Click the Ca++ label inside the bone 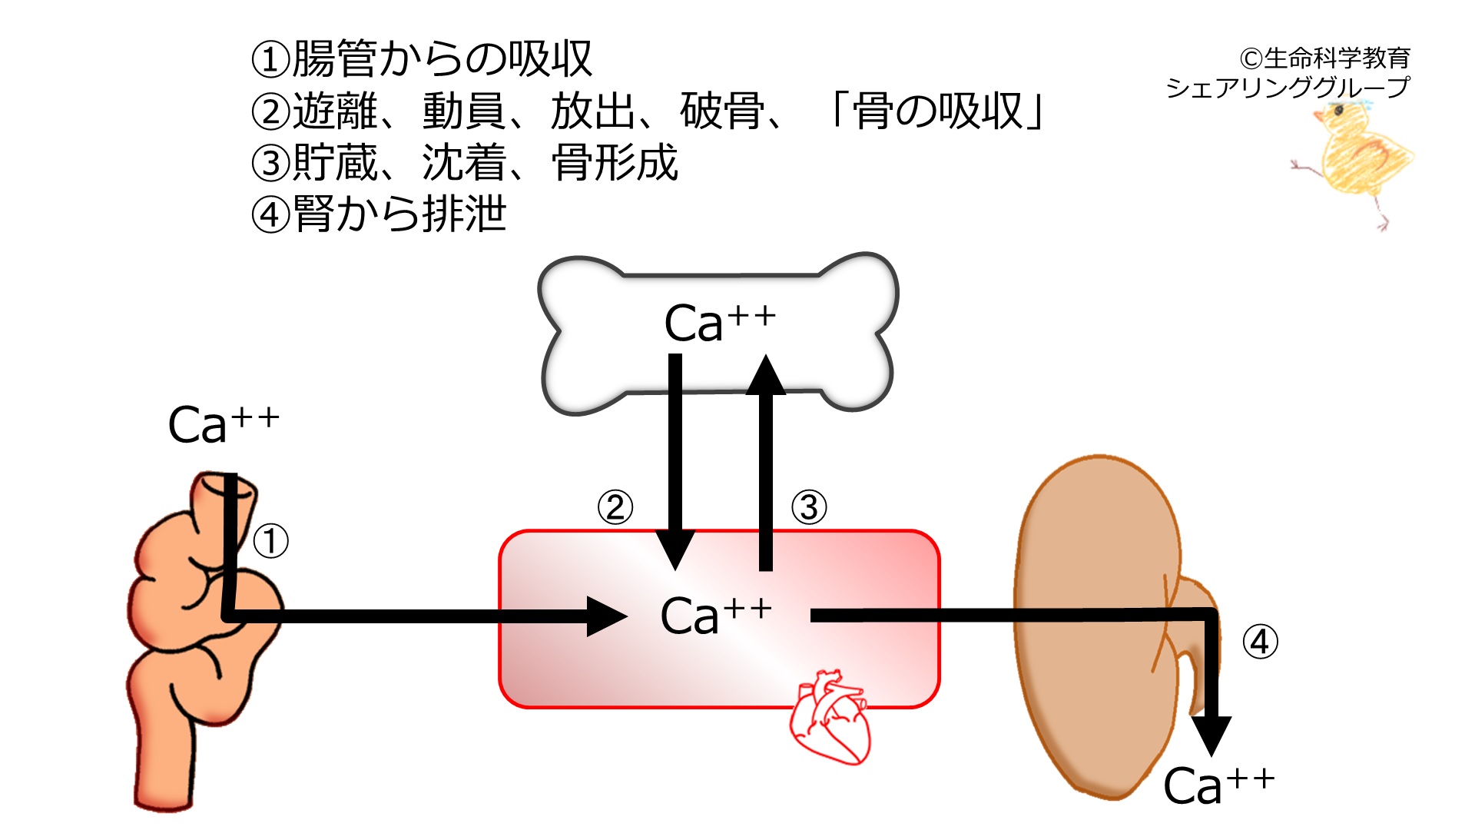[x=720, y=323]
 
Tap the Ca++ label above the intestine [x=224, y=425]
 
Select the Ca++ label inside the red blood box [x=716, y=616]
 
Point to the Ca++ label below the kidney [x=1219, y=785]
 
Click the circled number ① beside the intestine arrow [x=270, y=541]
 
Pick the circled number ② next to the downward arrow [x=615, y=507]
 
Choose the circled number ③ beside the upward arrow [x=809, y=507]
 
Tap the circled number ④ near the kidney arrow [x=1261, y=642]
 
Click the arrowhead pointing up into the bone [x=766, y=374]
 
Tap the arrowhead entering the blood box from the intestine [x=607, y=616]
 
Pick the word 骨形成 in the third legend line [x=615, y=162]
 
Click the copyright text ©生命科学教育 [x=1325, y=58]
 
